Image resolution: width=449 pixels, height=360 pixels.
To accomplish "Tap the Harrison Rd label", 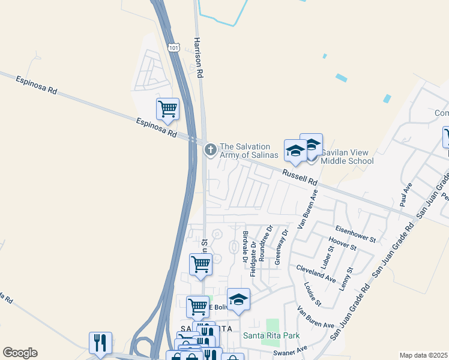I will click(x=198, y=58).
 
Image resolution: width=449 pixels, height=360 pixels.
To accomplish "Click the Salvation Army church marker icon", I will click(x=210, y=150).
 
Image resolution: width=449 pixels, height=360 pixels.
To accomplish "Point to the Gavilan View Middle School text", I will click(x=347, y=157).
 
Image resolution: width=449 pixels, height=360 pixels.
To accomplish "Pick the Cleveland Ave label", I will click(x=315, y=272).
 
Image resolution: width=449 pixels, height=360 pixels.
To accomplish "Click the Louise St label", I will click(x=313, y=294).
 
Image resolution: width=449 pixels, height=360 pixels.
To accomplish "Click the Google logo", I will click(x=20, y=352).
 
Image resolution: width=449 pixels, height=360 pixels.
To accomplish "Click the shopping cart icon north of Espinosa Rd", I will click(x=167, y=109).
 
